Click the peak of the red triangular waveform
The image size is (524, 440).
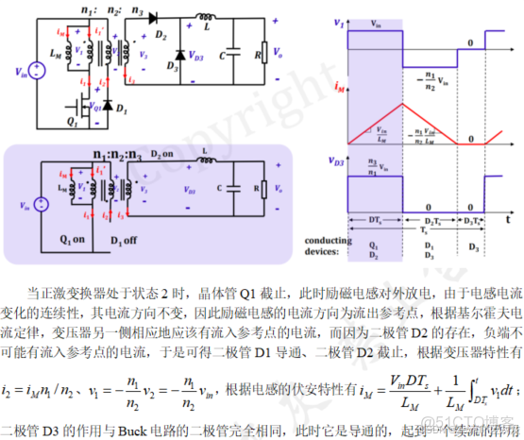point(403,104)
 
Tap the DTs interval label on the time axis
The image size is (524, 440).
point(374,219)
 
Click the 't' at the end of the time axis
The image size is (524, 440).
point(507,218)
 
